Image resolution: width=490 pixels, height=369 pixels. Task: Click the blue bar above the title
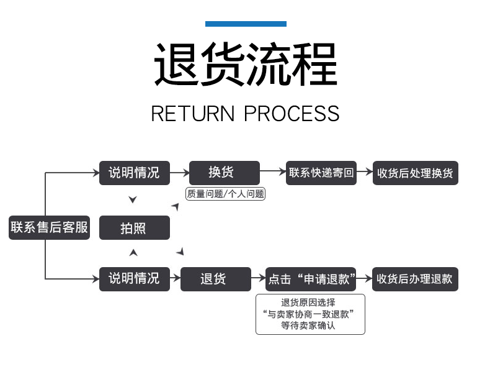(246, 24)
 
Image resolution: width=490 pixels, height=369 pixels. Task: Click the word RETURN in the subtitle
(193, 113)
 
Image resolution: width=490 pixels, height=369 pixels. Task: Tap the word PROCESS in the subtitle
(292, 113)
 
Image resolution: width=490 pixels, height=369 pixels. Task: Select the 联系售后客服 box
(50, 227)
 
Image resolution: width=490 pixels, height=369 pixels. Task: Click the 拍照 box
(135, 227)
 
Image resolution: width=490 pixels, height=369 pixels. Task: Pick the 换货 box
(225, 173)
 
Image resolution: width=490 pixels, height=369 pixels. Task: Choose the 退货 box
(216, 279)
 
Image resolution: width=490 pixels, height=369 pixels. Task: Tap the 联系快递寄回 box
(321, 173)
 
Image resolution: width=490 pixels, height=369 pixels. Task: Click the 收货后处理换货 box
(416, 173)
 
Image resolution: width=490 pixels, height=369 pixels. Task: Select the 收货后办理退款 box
(415, 279)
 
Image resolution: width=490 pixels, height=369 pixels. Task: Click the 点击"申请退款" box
(311, 279)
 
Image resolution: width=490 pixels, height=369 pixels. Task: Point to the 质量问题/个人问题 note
(225, 194)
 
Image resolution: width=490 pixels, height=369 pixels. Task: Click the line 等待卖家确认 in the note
(308, 326)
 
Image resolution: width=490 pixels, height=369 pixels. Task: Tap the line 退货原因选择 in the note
(308, 303)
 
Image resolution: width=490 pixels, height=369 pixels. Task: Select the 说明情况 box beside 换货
(135, 173)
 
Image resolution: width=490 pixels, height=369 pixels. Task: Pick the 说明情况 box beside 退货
(135, 279)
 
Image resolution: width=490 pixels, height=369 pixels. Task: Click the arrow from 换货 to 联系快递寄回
(273, 171)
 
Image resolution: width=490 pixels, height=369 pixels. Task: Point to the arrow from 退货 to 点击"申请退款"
(259, 278)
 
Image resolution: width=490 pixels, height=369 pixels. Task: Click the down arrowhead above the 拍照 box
(133, 199)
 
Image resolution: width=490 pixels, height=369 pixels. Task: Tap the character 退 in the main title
(177, 64)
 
